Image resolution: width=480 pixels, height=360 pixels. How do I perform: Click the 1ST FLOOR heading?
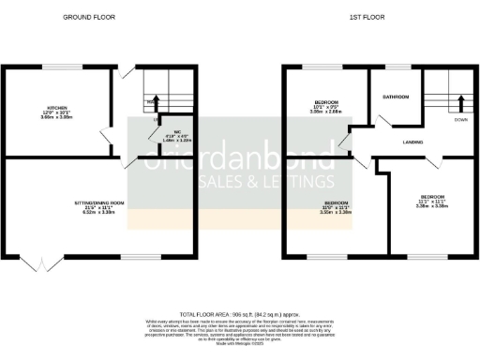click(366, 17)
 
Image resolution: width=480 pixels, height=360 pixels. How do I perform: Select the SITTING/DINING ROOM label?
click(100, 202)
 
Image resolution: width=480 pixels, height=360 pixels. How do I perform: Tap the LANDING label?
click(413, 142)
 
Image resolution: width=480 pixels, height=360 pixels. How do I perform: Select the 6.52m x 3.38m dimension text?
click(100, 213)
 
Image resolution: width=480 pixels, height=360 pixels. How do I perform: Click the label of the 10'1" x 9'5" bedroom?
click(326, 100)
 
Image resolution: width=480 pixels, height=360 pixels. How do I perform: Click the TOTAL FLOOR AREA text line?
click(240, 314)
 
